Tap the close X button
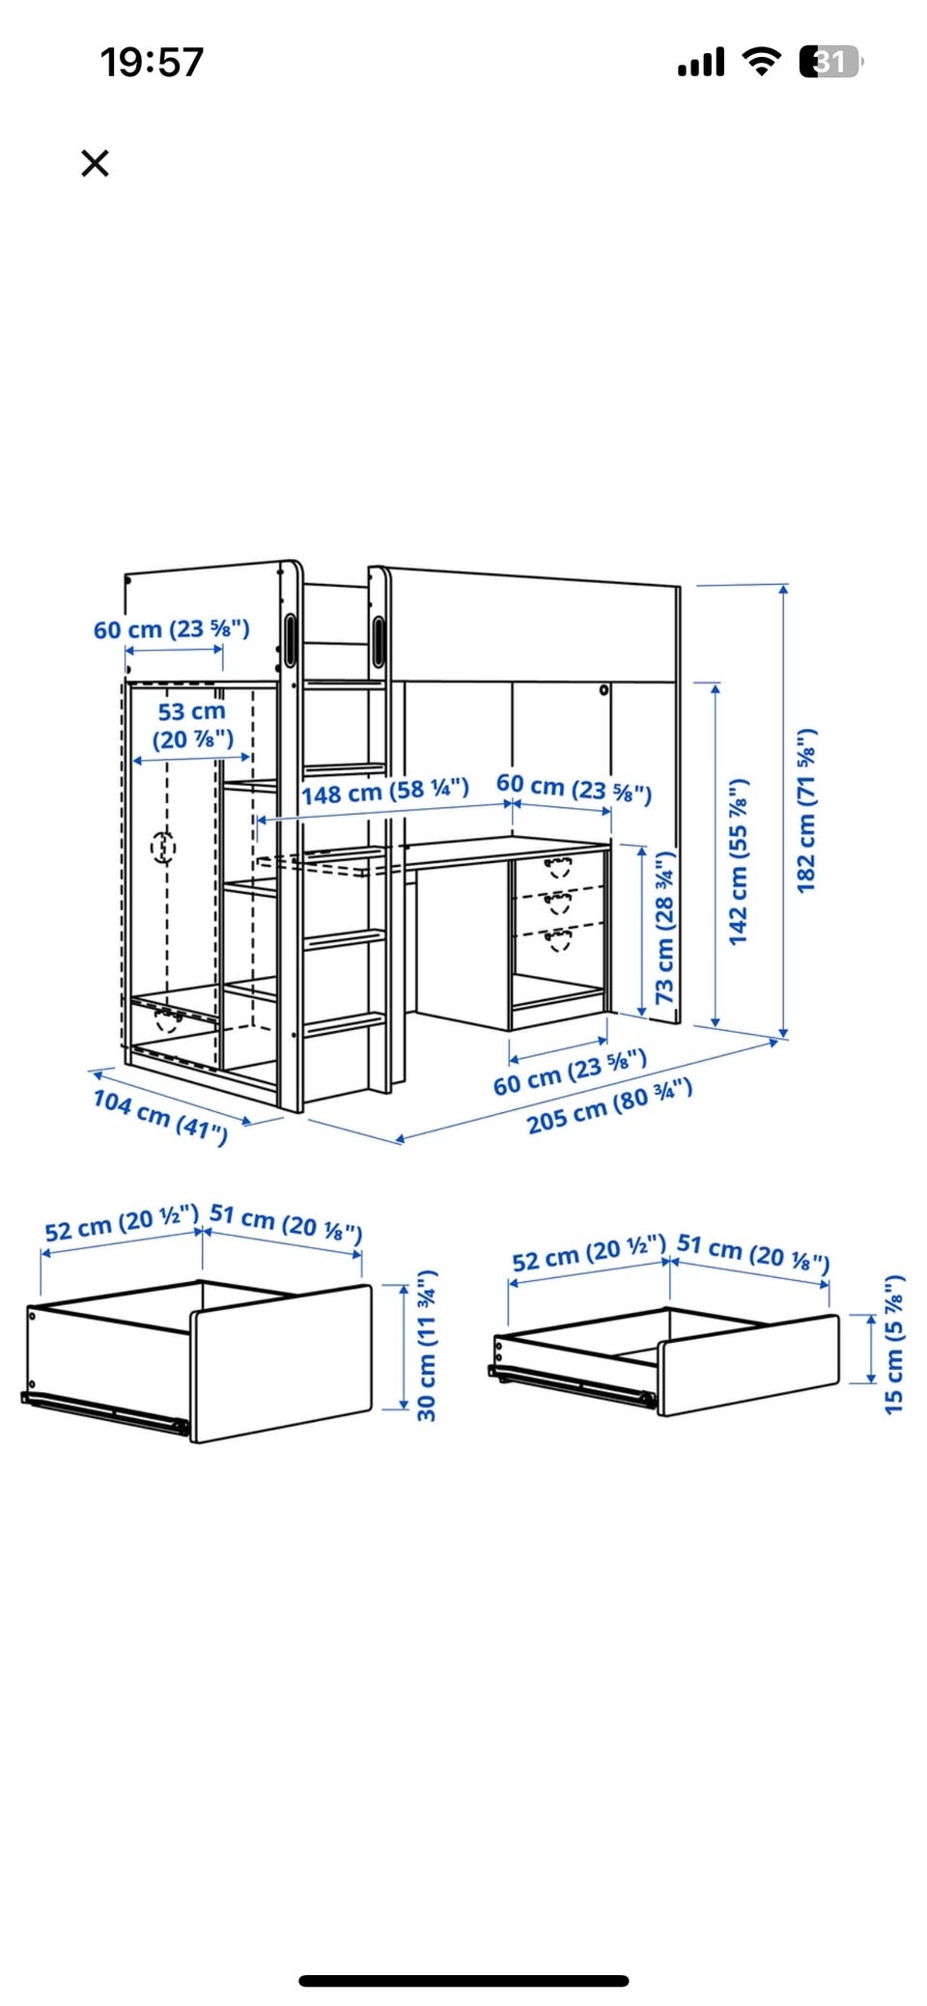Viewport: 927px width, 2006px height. point(95,163)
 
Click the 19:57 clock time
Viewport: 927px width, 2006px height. point(153,63)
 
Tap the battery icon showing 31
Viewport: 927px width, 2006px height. point(830,62)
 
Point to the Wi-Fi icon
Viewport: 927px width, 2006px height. point(762,62)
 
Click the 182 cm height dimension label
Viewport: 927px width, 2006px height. point(807,811)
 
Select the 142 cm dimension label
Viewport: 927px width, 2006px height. point(739,861)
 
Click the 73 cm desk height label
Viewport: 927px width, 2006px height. point(665,927)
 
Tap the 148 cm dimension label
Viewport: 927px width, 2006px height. point(385,792)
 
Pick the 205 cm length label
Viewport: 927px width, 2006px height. point(609,1106)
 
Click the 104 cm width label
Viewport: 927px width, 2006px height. point(160,1116)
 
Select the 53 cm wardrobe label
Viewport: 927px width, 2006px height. point(193,725)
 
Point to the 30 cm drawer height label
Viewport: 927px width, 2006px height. point(427,1346)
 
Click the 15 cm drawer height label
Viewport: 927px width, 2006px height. point(895,1345)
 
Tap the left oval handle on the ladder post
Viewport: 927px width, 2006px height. point(291,639)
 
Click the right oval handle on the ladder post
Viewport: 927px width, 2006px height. point(379,640)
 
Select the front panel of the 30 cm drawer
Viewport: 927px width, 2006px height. point(282,1363)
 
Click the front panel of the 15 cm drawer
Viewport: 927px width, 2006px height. point(749,1364)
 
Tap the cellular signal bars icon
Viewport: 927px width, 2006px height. point(701,63)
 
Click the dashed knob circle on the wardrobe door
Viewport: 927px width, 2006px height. point(164,848)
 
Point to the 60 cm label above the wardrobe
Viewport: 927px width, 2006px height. point(172,629)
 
